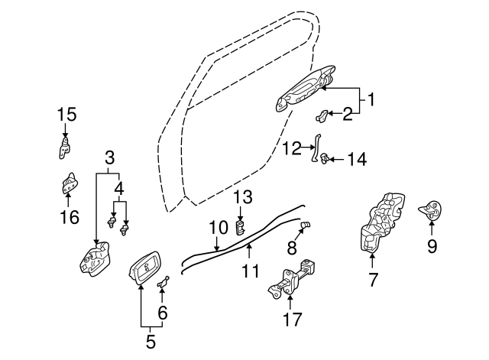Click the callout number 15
click(x=67, y=115)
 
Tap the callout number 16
click(x=69, y=217)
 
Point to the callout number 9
click(x=432, y=245)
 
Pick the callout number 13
click(x=242, y=197)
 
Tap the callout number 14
click(x=357, y=159)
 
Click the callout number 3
click(x=110, y=158)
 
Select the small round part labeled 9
click(x=432, y=208)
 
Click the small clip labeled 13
click(x=241, y=225)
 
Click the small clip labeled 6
click(x=163, y=286)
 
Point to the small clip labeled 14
click(x=326, y=160)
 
